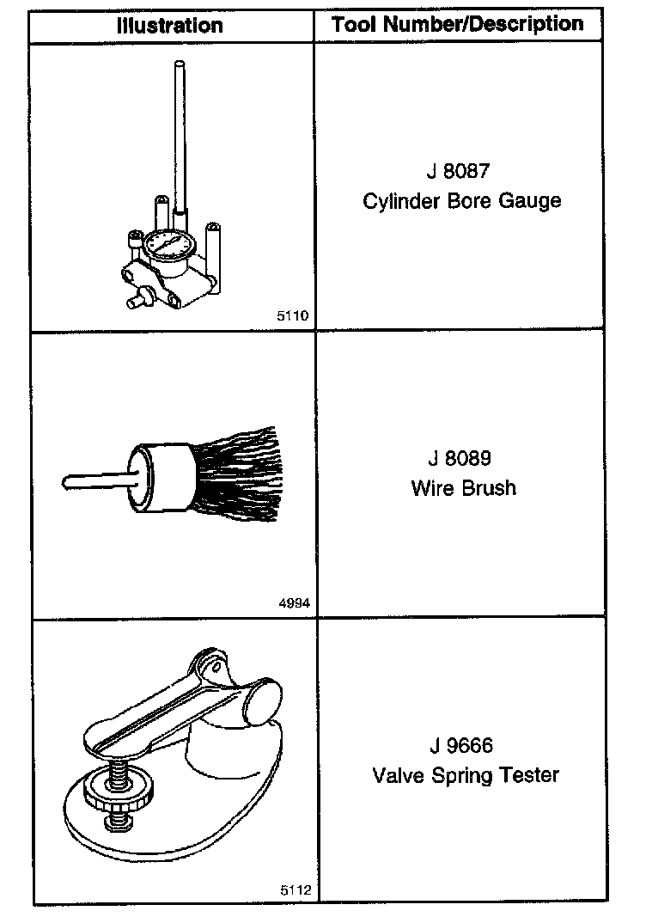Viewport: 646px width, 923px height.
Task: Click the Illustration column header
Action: [171, 26]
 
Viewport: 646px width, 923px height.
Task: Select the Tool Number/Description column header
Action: [458, 24]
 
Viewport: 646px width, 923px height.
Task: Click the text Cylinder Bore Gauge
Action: [461, 201]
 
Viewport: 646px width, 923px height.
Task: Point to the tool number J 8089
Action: [461, 458]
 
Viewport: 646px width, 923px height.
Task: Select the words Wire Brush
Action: [464, 488]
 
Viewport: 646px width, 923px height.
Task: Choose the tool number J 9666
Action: [461, 745]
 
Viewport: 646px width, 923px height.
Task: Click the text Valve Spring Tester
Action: [466, 775]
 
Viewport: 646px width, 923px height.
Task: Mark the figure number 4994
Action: [294, 604]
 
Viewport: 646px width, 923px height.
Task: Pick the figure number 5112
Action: [294, 891]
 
